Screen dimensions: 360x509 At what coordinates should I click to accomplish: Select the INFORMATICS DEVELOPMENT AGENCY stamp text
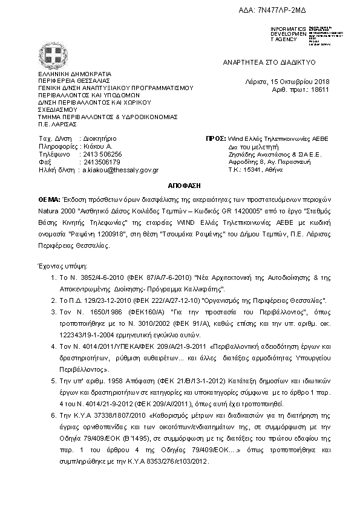point(289,34)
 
